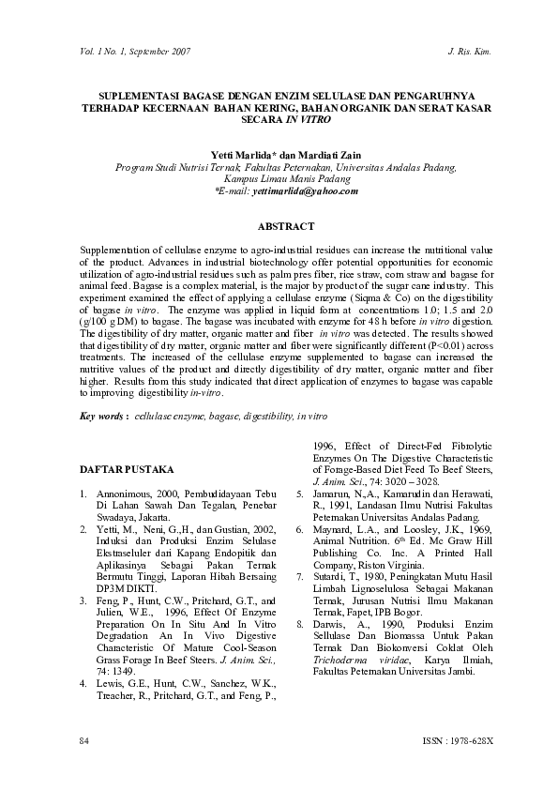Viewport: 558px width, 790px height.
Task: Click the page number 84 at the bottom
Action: coord(84,741)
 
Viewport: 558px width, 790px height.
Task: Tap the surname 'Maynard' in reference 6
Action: coord(338,529)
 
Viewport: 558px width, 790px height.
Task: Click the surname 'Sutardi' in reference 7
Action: coord(335,578)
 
